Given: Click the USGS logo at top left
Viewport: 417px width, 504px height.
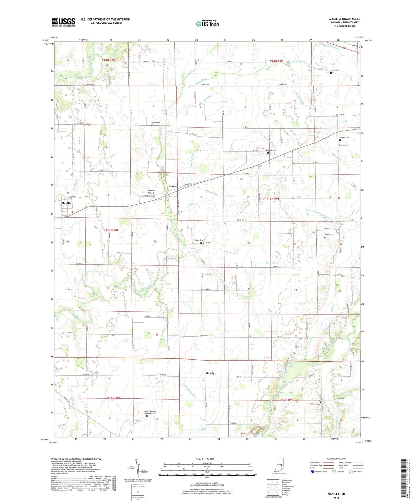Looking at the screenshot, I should point(63,22).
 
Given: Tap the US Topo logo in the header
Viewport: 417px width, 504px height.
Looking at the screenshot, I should point(207,24).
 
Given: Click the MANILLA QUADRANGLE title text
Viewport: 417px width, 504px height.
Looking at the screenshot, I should point(344,19).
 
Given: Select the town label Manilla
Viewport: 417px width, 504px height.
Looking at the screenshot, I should point(66,203).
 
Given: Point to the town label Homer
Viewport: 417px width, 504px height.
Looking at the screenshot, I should point(173,186).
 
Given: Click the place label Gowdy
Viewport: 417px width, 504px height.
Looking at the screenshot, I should point(210,373).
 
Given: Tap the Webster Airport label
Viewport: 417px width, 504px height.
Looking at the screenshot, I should point(151,192).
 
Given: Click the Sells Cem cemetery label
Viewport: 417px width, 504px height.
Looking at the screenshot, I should point(156,123).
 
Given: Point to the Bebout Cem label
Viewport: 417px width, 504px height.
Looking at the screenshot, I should point(344,137).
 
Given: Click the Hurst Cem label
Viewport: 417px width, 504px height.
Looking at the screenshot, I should point(199,240).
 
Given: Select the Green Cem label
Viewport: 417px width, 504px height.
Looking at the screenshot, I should point(335,70).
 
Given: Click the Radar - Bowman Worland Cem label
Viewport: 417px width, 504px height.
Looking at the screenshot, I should point(150,412).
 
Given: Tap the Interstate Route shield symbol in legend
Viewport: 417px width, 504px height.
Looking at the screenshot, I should point(313,472).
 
